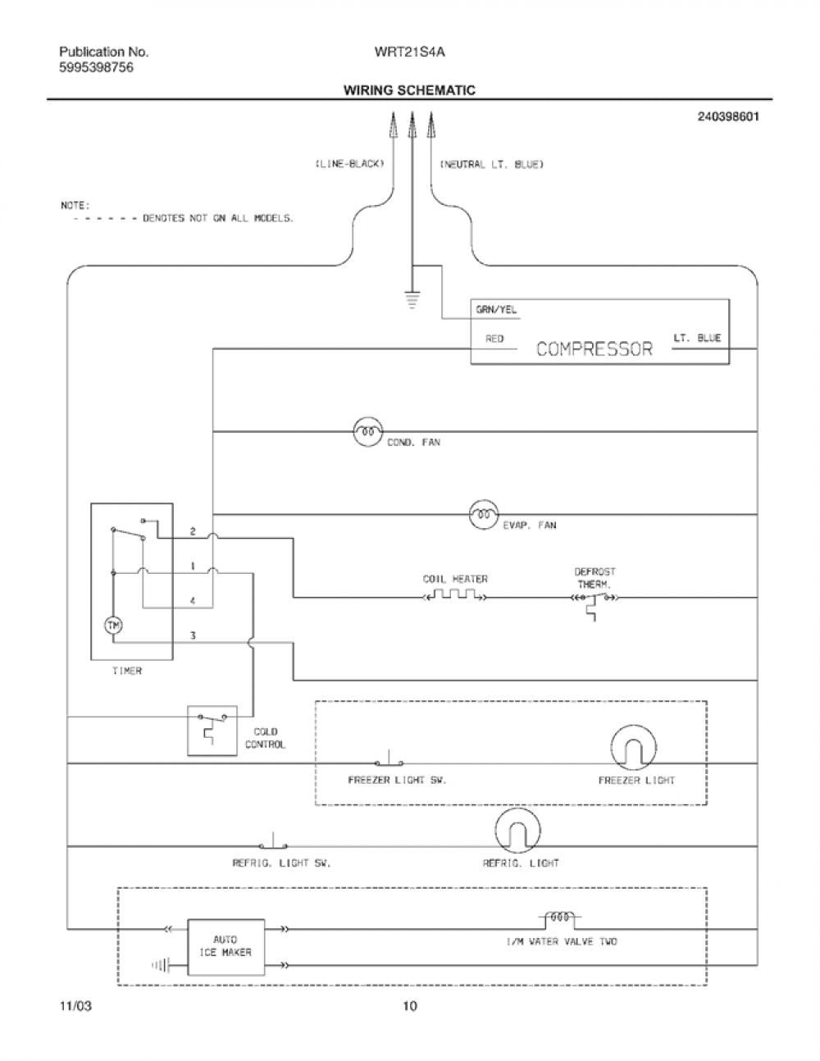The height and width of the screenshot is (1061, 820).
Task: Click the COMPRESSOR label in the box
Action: point(594,348)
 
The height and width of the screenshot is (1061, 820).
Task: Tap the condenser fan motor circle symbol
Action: point(367,431)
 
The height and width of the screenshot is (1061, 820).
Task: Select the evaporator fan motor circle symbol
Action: point(484,514)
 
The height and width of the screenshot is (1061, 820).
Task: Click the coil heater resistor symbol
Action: point(454,594)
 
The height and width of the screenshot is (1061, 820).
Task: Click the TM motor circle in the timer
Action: point(113,625)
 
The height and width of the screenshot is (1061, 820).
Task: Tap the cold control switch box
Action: point(212,731)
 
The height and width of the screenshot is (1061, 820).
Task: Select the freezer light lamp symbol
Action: point(634,748)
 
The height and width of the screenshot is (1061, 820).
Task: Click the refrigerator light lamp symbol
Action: point(518,831)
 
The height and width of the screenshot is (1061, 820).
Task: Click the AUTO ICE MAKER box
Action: point(226,947)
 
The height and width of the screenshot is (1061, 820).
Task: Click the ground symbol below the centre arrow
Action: point(412,299)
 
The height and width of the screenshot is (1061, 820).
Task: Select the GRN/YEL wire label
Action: point(496,310)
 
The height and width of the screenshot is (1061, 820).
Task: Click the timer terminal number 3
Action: point(193,635)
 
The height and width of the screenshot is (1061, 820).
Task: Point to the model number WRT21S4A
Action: point(409,52)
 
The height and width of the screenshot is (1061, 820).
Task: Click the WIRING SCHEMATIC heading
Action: point(409,90)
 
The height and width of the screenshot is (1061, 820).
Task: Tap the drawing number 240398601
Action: point(728,116)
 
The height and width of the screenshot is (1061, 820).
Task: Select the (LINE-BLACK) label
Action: point(350,164)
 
